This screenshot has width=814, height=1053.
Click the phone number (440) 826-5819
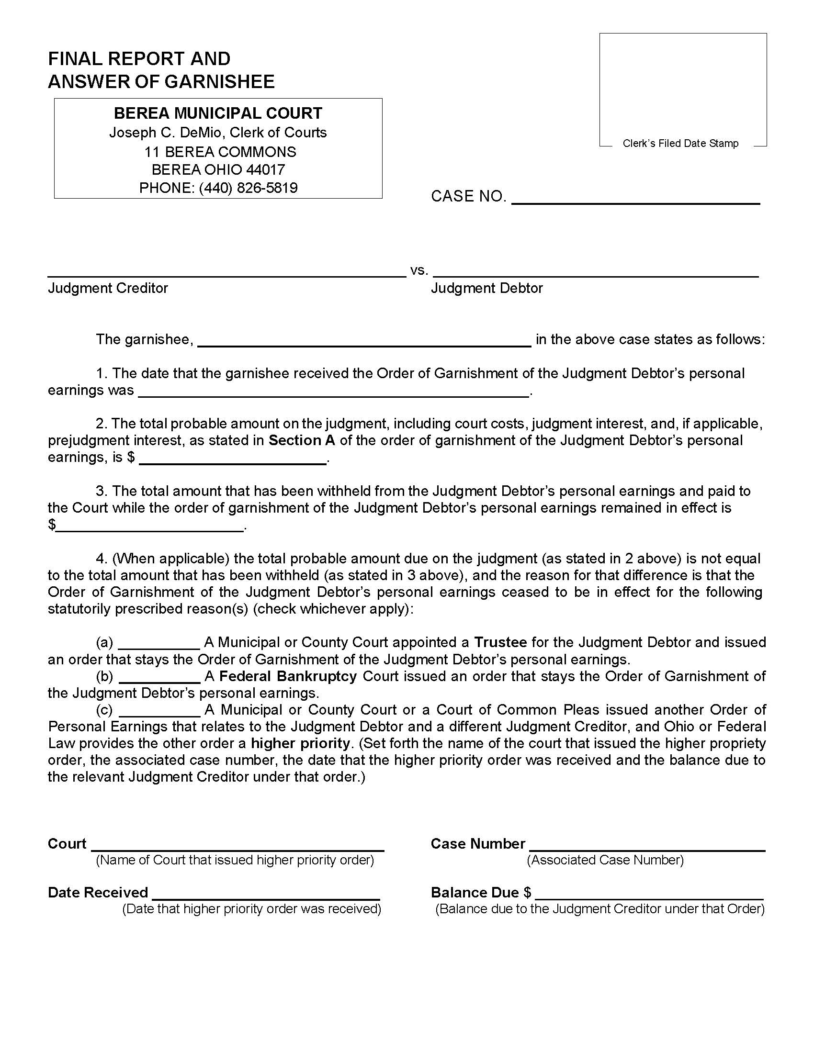(x=248, y=188)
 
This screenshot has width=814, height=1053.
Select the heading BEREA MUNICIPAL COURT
(x=218, y=113)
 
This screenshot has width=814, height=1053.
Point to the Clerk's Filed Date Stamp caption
(x=680, y=143)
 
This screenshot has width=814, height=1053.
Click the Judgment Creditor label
(x=108, y=288)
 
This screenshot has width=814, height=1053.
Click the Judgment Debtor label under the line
(x=486, y=288)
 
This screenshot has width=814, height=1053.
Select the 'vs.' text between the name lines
(x=418, y=270)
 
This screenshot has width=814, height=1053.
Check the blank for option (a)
(x=159, y=644)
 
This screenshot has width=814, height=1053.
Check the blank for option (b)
(x=159, y=677)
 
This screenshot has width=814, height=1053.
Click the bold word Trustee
(x=500, y=642)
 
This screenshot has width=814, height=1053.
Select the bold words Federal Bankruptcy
(x=288, y=676)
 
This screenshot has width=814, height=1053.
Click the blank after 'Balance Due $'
(x=649, y=894)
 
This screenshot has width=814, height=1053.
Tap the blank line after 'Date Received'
(x=266, y=894)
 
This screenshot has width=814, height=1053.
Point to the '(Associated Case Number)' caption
(x=605, y=860)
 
